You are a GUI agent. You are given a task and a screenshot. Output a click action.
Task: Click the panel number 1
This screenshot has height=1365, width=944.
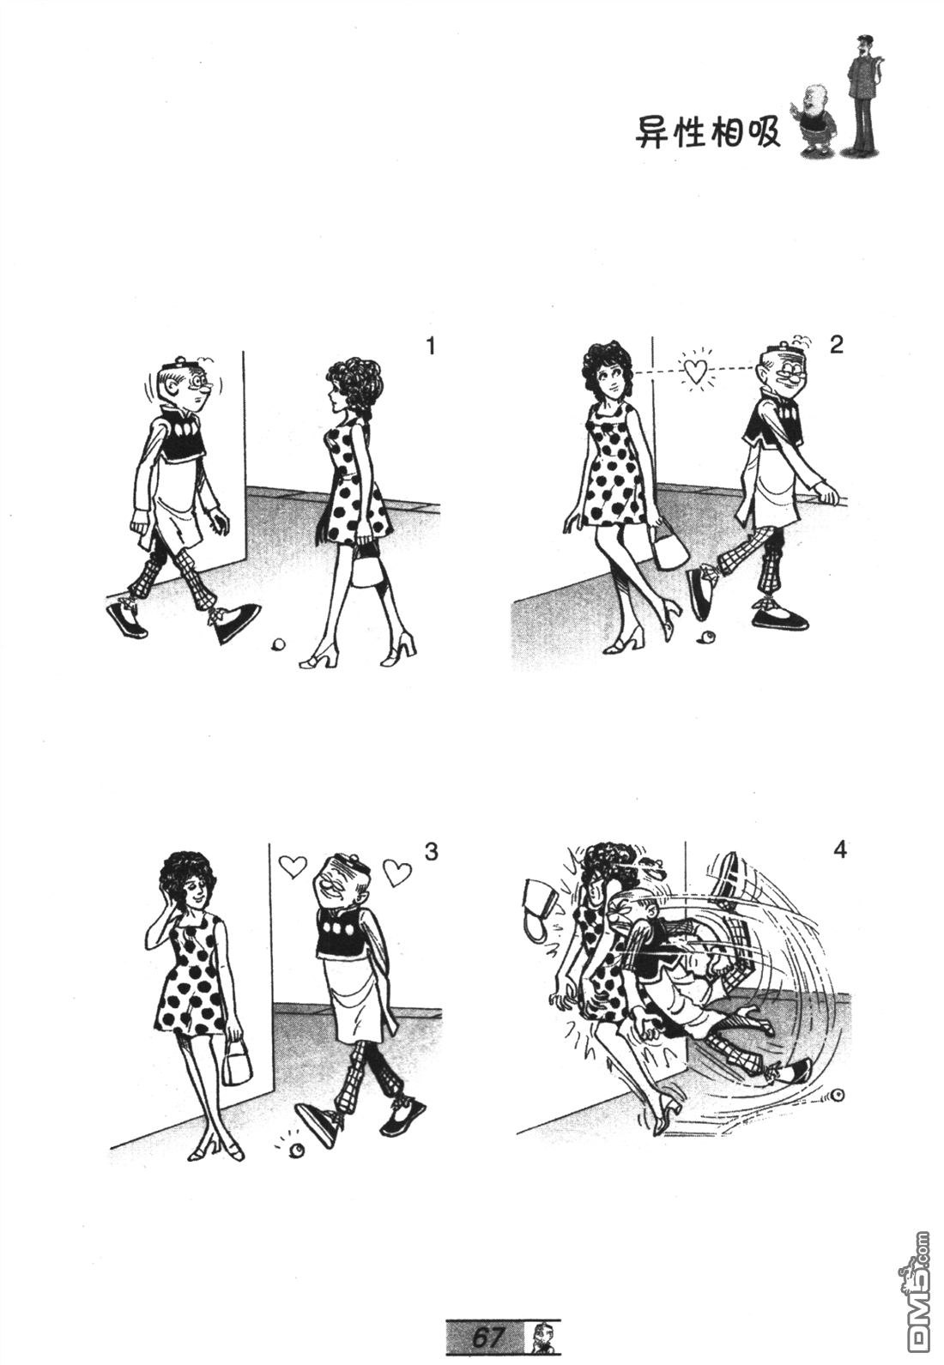430,347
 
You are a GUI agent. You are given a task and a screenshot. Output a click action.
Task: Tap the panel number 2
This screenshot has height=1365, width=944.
836,346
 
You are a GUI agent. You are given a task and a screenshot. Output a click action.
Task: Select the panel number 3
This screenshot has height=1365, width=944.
431,852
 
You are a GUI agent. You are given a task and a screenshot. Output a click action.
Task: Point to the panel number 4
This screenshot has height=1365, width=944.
840,850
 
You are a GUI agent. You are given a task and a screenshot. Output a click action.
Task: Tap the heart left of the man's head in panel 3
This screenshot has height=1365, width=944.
293,866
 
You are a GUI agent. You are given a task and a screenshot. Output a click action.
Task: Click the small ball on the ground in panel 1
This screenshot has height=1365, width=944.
277,643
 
